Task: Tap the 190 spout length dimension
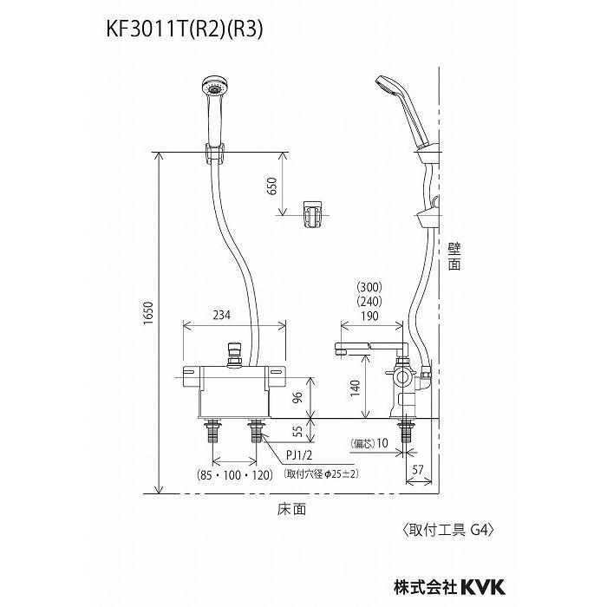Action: click(x=369, y=317)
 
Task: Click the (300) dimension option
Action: click(x=369, y=287)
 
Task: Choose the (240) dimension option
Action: click(x=369, y=303)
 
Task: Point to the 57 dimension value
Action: click(x=418, y=472)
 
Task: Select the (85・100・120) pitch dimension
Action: click(x=232, y=474)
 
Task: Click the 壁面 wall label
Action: click(x=454, y=258)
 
